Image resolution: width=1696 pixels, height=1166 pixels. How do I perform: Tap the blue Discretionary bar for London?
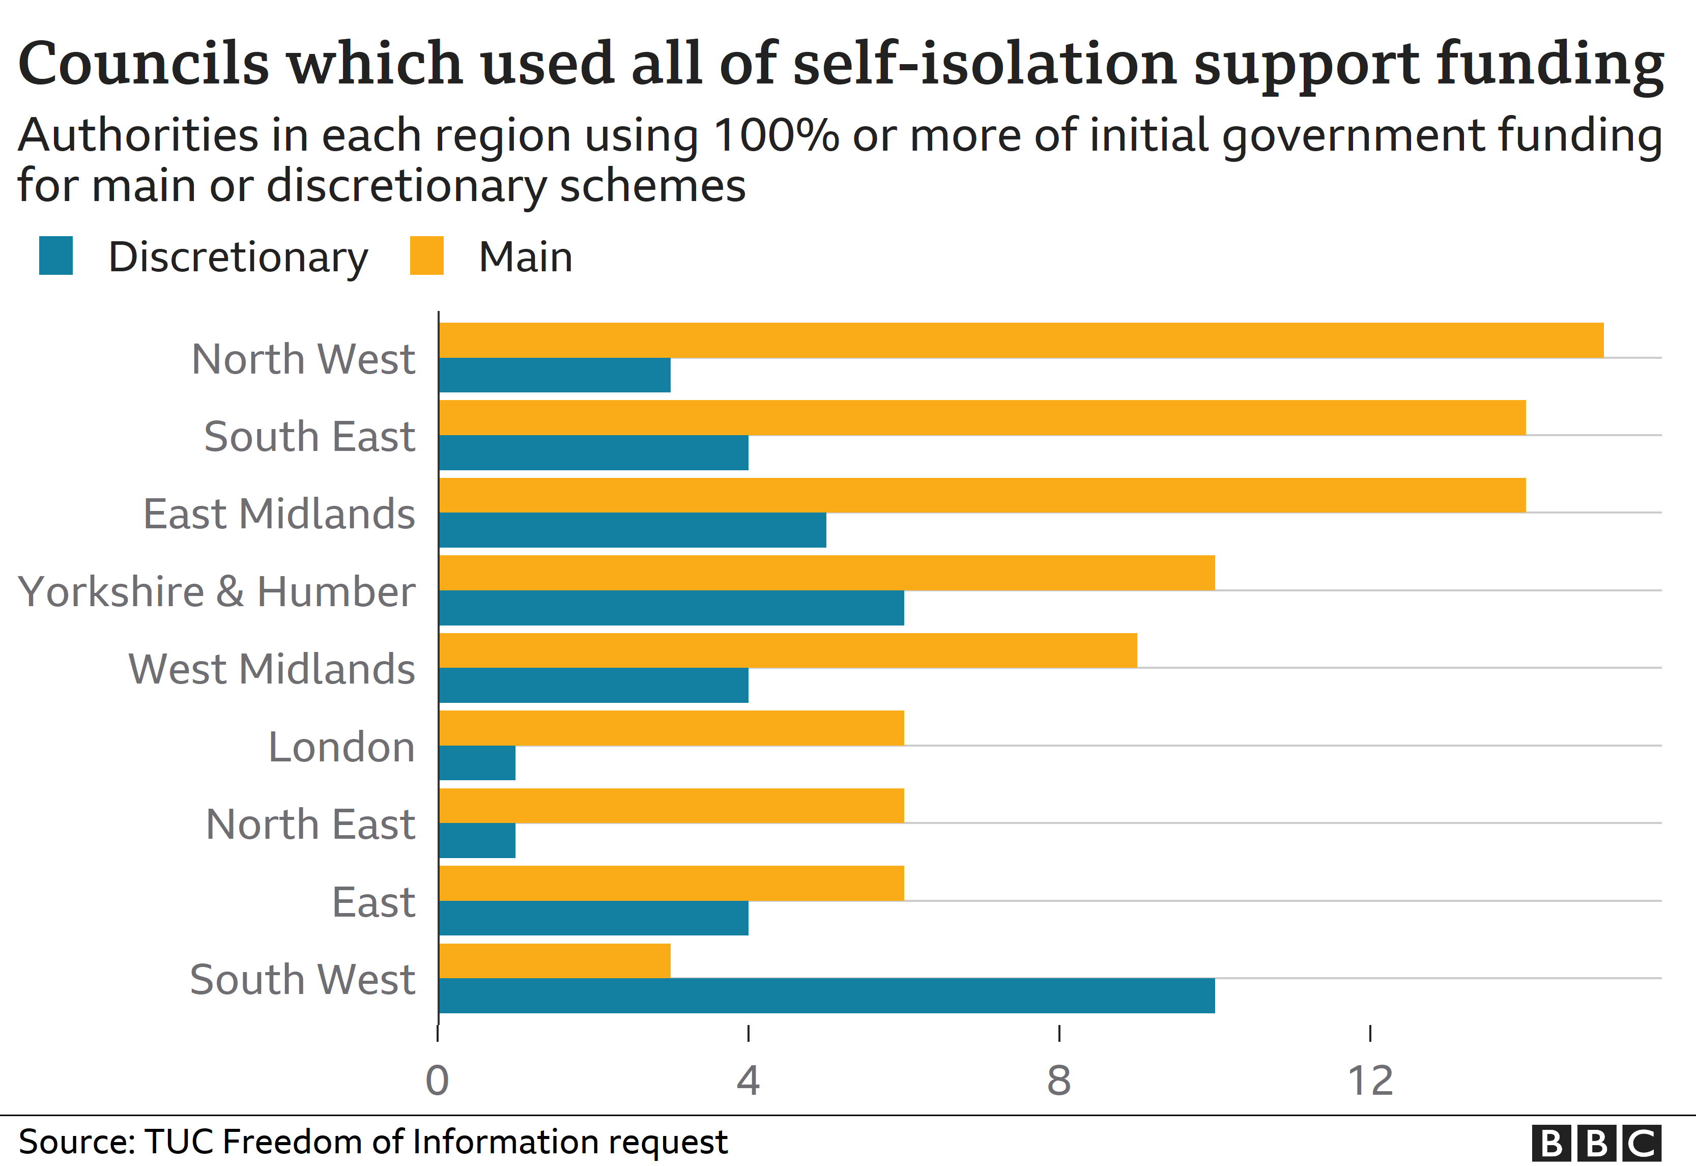click(477, 763)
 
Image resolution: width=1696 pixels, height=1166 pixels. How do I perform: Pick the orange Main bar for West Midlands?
click(787, 650)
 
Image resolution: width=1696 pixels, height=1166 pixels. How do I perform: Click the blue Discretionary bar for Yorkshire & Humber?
click(671, 608)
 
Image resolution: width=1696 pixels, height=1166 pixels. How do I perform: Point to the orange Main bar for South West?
click(554, 961)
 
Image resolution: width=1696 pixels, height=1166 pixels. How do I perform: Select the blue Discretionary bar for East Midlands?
click(633, 530)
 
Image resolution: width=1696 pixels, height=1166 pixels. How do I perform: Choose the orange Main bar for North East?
click(671, 805)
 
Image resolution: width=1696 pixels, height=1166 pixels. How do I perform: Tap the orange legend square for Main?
click(426, 255)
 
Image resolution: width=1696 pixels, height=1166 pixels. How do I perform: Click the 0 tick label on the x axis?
click(438, 1080)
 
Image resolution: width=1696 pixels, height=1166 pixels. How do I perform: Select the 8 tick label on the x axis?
click(1059, 1080)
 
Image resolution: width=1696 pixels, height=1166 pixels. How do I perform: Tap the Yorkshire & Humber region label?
click(216, 592)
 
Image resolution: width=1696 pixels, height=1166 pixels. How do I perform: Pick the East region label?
click(373, 902)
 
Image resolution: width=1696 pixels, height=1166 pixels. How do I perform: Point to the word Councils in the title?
click(143, 64)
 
